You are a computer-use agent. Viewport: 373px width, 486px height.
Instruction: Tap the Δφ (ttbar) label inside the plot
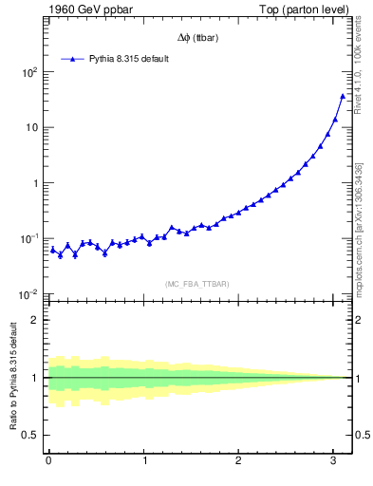coord(195,38)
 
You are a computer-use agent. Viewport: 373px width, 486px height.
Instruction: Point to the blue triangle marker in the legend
coord(72,59)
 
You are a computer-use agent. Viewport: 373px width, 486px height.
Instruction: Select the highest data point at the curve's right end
coord(342,95)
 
